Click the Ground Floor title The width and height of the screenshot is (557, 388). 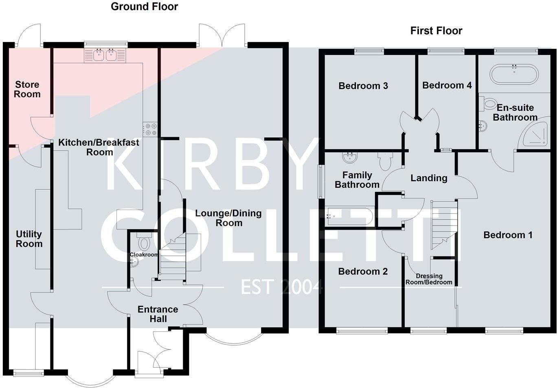click(x=144, y=7)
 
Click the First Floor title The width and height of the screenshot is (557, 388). click(x=436, y=31)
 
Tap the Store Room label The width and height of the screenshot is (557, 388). click(x=27, y=89)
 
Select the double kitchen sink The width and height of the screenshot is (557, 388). click(x=105, y=55)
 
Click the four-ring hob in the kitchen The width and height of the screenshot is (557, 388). click(x=150, y=129)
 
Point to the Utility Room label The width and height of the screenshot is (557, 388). click(x=29, y=239)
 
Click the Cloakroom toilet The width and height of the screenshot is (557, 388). click(x=144, y=243)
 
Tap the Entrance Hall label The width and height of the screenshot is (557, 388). click(x=158, y=314)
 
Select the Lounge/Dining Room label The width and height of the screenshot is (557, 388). click(x=228, y=218)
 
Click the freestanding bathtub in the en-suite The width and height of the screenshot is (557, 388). click(x=514, y=74)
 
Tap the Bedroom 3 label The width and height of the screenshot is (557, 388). click(x=363, y=86)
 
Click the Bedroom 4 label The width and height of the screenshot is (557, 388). click(x=447, y=85)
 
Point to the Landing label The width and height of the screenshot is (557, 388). click(x=429, y=178)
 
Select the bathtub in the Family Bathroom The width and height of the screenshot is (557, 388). click(x=349, y=216)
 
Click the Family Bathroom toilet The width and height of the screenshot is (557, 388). click(x=385, y=162)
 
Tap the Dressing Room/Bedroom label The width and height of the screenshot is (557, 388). click(x=429, y=279)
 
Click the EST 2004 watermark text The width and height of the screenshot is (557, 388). click(x=282, y=287)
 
